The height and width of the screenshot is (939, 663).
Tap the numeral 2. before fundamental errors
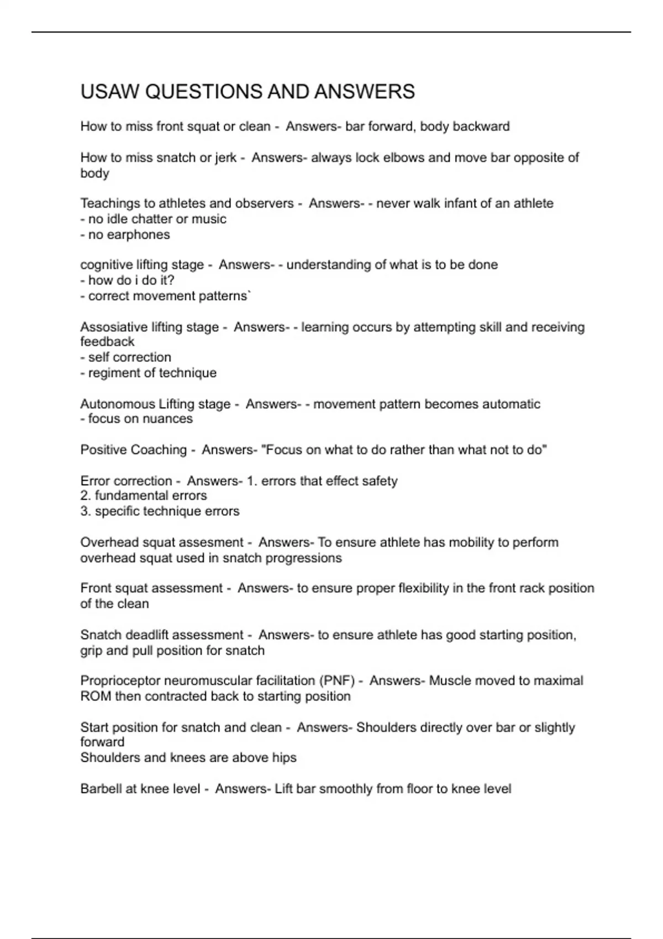(x=85, y=495)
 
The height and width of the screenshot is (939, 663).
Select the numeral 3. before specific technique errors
(x=85, y=511)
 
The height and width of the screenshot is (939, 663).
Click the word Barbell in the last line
(x=101, y=789)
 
